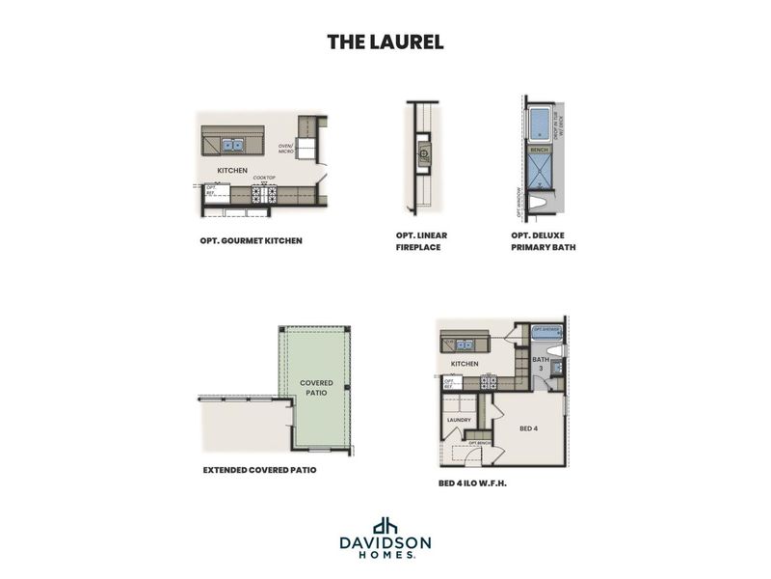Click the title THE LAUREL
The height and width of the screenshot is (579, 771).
[385, 41]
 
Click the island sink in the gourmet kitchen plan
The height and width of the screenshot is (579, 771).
[231, 146]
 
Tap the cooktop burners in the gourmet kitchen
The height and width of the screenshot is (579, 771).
[263, 194]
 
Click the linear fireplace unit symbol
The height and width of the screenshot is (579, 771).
[421, 152]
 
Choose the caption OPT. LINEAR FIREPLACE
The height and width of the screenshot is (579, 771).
[421, 240]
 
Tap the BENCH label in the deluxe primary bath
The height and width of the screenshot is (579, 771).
[539, 150]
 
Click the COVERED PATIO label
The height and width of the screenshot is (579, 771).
[316, 389]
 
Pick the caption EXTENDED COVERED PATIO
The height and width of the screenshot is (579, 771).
[259, 471]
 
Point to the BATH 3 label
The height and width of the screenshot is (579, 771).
[540, 364]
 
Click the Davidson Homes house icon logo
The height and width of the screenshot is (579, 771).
[385, 525]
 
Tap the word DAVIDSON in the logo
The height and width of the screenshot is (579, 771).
[385, 542]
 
